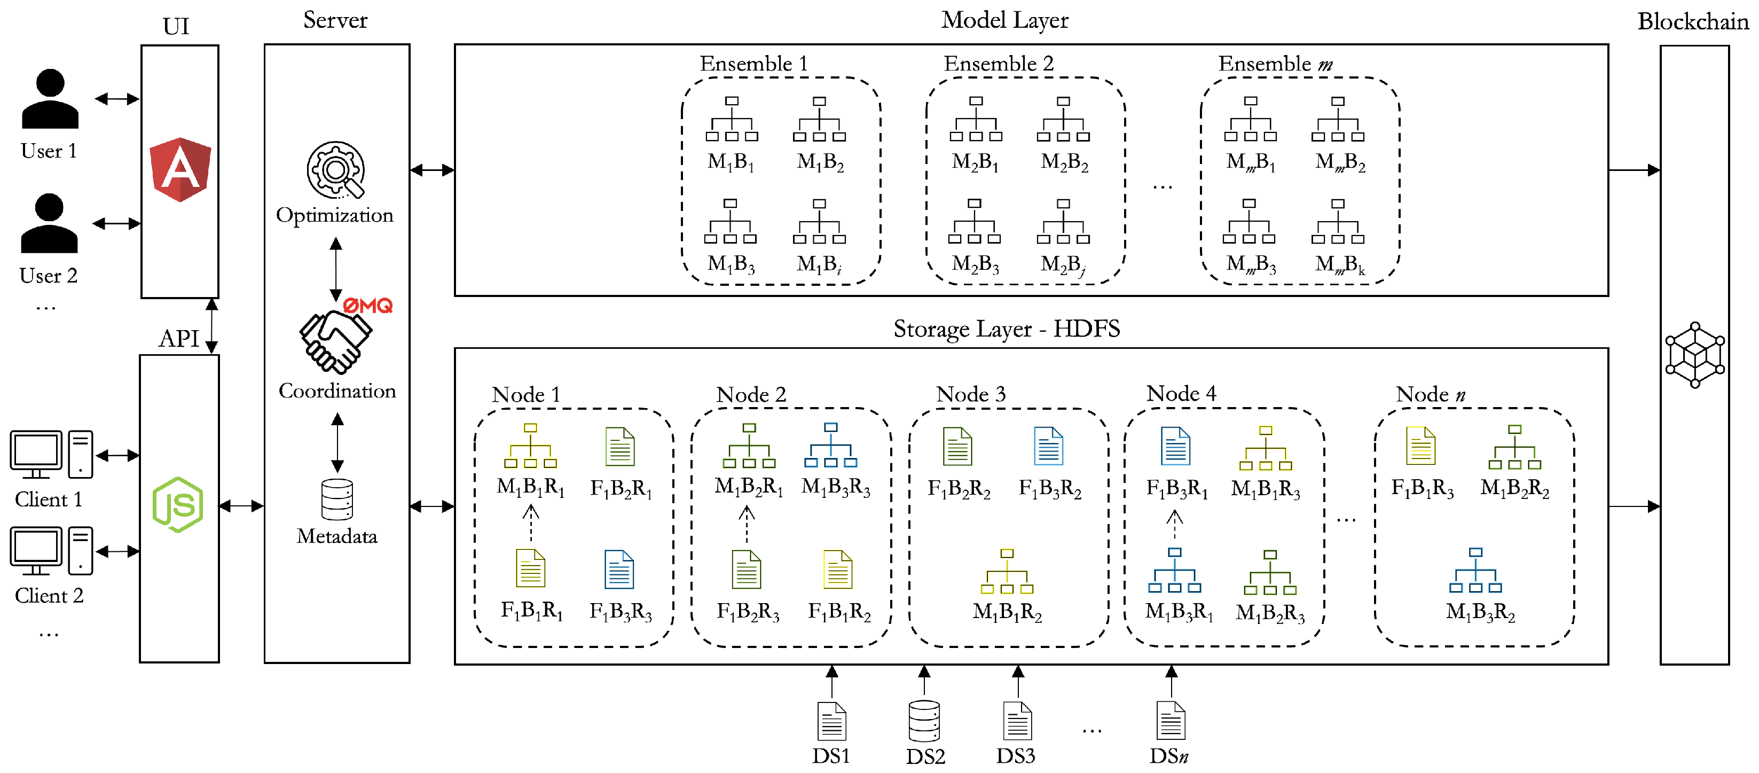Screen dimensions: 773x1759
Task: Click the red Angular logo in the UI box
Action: click(x=179, y=169)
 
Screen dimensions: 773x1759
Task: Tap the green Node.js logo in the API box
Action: click(x=177, y=505)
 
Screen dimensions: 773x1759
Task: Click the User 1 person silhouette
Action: click(x=50, y=99)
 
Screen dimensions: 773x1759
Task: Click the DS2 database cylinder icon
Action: click(x=924, y=721)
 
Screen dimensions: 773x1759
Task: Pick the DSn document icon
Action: click(x=1171, y=721)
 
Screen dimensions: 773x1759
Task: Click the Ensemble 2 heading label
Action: click(x=998, y=64)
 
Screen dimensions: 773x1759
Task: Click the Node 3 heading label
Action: click(x=970, y=394)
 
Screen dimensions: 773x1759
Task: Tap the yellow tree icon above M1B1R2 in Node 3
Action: click(x=1007, y=572)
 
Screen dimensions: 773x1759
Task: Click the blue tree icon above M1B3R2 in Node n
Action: click(x=1475, y=570)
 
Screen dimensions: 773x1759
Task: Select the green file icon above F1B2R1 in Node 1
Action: click(x=620, y=447)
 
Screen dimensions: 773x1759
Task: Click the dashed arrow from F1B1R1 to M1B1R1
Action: click(x=531, y=523)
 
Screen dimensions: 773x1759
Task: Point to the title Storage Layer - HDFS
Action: click(x=1007, y=329)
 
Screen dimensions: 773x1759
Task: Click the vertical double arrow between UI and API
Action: click(x=211, y=326)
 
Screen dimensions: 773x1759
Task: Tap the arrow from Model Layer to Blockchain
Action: click(x=1634, y=170)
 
